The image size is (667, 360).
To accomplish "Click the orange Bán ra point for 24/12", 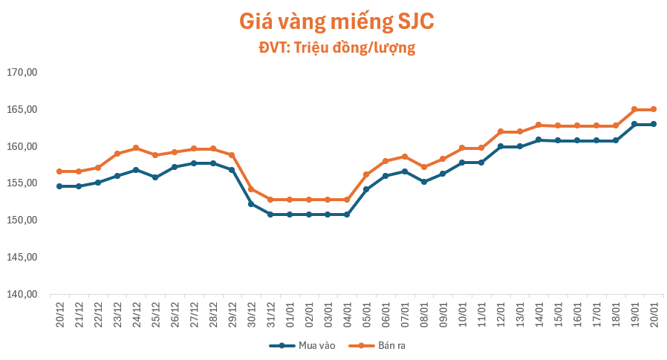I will point(136,148).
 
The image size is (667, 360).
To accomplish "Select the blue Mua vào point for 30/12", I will point(251,203).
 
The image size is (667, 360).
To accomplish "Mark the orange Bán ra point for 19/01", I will point(634,109).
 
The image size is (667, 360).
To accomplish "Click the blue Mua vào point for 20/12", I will point(59,186).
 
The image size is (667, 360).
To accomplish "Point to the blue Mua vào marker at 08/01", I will point(423,182).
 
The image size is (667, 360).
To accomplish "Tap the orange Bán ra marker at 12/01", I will point(501,131).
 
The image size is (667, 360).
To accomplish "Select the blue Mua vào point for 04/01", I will point(347,215).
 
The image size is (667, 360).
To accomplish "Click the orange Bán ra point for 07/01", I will point(405,157).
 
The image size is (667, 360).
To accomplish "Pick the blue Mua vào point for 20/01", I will point(654,124).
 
